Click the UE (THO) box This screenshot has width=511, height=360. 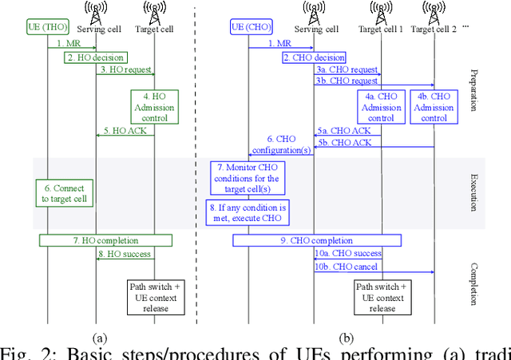[x=47, y=30]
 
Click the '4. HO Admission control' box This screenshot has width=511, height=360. [x=154, y=107]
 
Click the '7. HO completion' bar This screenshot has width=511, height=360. [x=105, y=239]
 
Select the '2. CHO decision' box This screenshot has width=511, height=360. [x=314, y=57]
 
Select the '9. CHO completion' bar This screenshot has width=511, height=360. [x=317, y=239]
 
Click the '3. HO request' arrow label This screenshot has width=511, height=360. [x=125, y=69]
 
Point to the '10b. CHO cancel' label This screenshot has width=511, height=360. [x=347, y=267]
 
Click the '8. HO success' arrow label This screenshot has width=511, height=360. [x=125, y=254]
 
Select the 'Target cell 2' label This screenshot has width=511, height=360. [x=434, y=30]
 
